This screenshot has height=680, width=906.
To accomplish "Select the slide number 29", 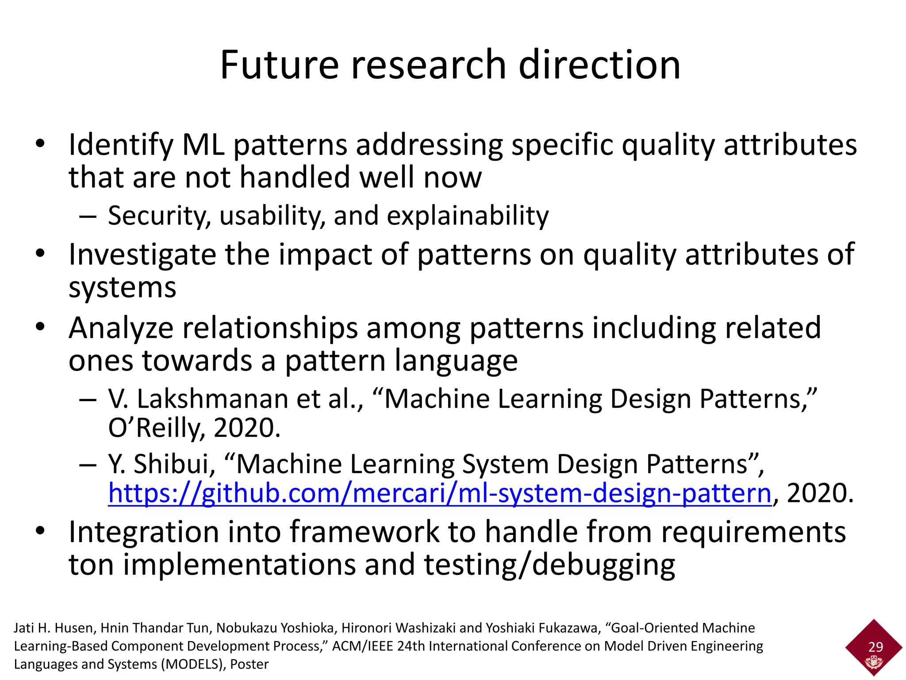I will pyautogui.click(x=875, y=647).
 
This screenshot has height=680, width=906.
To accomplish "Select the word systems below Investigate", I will pyautogui.click(x=122, y=288).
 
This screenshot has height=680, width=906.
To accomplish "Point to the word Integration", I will pyautogui.click(x=144, y=532).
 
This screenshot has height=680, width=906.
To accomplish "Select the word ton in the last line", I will pyautogui.click(x=91, y=565).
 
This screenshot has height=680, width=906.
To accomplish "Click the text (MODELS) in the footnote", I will pyautogui.click(x=192, y=664).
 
